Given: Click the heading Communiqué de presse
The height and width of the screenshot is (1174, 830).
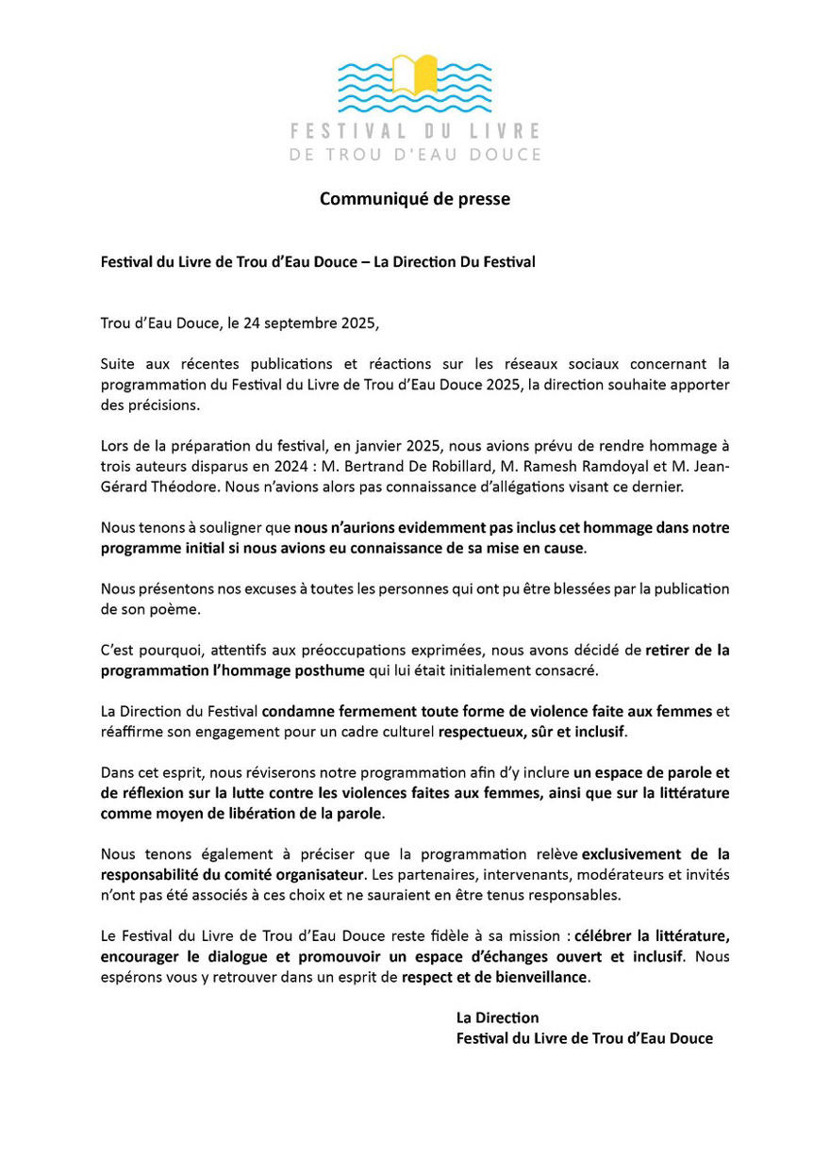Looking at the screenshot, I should (414, 199).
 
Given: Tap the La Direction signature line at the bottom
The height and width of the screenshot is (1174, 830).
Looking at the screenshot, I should (497, 1018).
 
